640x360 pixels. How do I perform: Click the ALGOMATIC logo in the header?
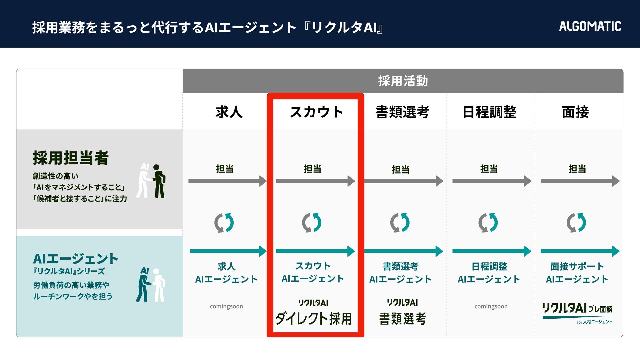point(590,26)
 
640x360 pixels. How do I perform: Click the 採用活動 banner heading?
point(403,81)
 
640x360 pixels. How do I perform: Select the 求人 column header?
point(229,112)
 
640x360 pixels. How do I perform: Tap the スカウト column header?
point(316,112)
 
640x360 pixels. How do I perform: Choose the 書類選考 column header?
point(402,112)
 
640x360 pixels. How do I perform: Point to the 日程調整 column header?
point(489,112)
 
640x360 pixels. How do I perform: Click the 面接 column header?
point(575,112)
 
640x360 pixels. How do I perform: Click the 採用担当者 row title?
point(71,158)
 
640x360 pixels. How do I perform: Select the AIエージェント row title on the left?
point(76,259)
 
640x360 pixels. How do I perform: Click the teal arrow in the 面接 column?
point(580,251)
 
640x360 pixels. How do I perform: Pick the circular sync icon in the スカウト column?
point(312,223)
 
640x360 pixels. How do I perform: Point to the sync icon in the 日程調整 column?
point(488,223)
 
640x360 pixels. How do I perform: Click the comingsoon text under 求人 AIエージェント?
point(226,306)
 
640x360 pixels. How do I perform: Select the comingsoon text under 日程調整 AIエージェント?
point(491,306)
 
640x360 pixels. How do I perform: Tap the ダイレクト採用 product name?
point(313,319)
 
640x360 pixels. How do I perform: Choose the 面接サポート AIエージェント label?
point(577,273)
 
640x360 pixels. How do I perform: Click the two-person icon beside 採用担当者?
point(152,181)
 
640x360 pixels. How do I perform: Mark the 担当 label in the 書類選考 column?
point(400,170)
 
